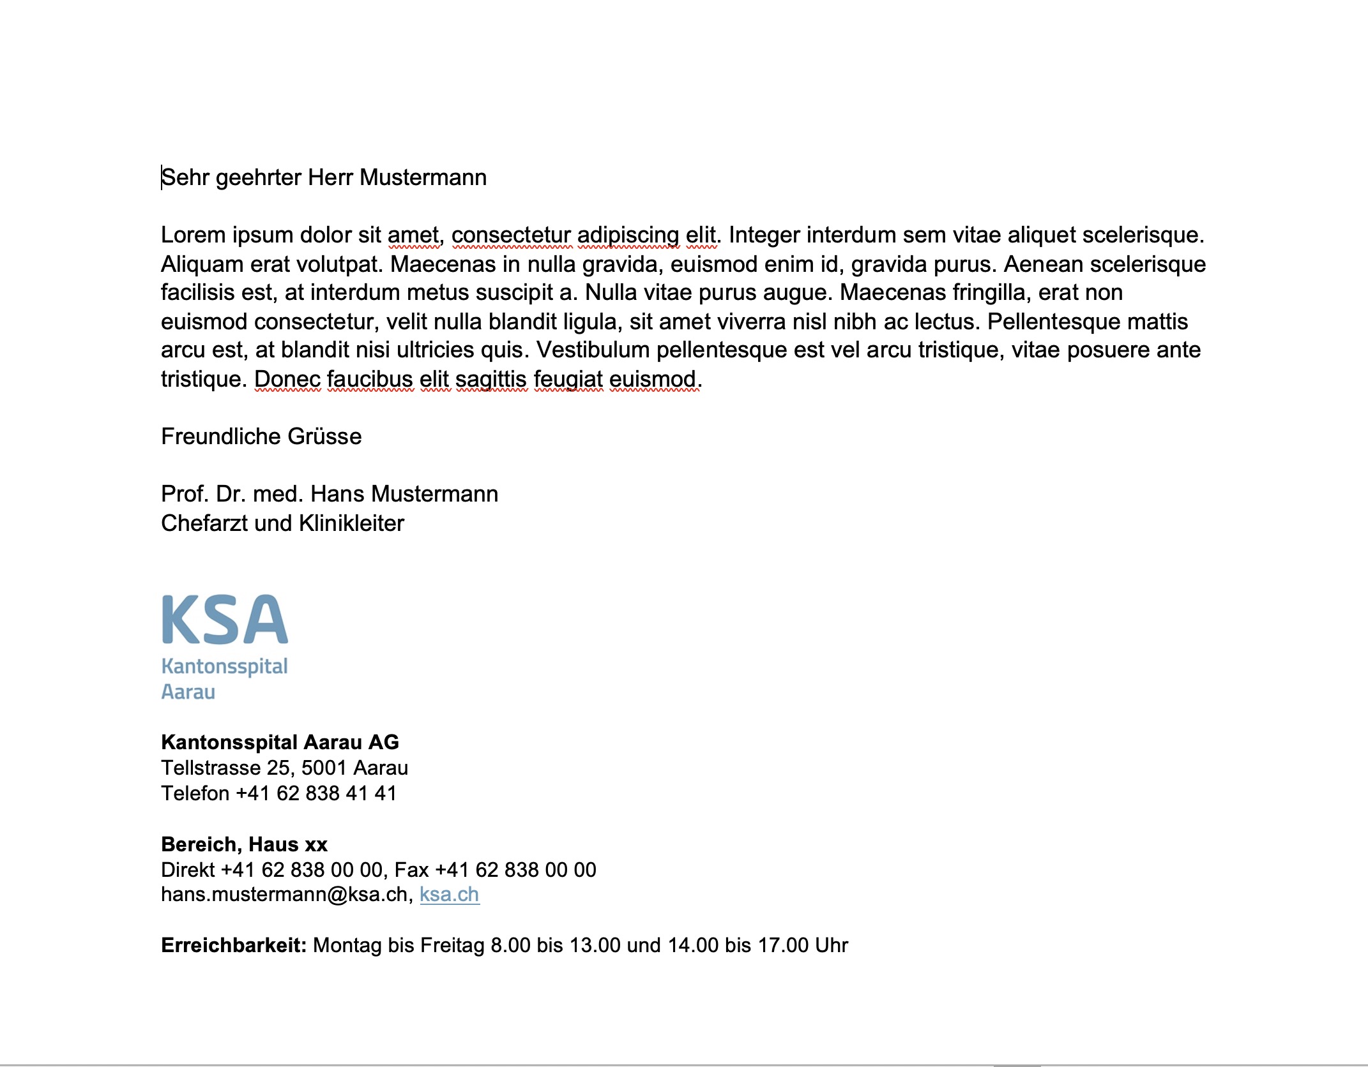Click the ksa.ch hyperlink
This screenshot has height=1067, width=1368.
pyautogui.click(x=449, y=895)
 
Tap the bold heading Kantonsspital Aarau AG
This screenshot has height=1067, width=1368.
pyautogui.click(x=280, y=742)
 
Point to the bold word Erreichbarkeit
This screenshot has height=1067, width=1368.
pyautogui.click(x=234, y=945)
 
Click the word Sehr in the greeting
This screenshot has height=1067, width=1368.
pyautogui.click(x=185, y=177)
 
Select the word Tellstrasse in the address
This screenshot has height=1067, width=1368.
pyautogui.click(x=211, y=768)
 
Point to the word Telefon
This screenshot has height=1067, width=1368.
pyautogui.click(x=195, y=793)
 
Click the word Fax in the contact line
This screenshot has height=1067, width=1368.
pyautogui.click(x=411, y=870)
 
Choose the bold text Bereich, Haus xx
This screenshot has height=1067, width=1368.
pyautogui.click(x=244, y=844)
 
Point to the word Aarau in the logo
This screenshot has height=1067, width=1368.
pyautogui.click(x=188, y=692)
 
